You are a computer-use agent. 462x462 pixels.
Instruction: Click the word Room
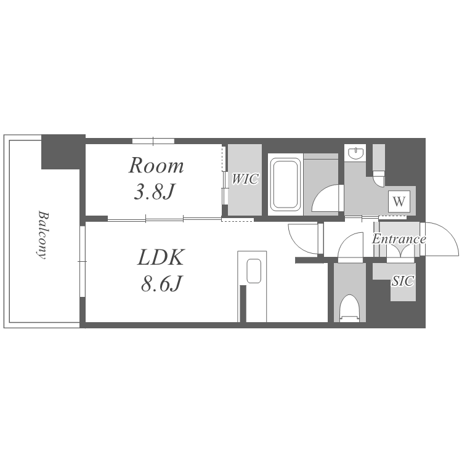coord(156,165)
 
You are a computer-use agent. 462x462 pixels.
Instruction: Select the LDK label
coord(161,257)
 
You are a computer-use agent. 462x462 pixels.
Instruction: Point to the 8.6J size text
coord(161,283)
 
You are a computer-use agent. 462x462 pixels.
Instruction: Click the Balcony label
coord(43,235)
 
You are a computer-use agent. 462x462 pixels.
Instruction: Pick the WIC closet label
coord(245,179)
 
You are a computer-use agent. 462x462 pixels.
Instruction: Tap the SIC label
coord(403,281)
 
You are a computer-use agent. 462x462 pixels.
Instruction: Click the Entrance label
coord(399,239)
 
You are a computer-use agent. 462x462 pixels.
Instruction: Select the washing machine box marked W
coord(399,201)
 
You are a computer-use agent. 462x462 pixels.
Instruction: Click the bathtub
coord(285,184)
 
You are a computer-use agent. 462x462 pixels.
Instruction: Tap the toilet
coord(350,308)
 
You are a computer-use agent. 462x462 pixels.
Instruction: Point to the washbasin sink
coord(355,153)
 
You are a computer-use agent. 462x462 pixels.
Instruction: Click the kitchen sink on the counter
coord(254,271)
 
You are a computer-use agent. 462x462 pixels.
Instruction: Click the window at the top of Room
coord(153,141)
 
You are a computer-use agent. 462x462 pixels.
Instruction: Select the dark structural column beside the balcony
coord(63,152)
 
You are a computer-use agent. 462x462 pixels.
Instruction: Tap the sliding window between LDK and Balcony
coord(82,262)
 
